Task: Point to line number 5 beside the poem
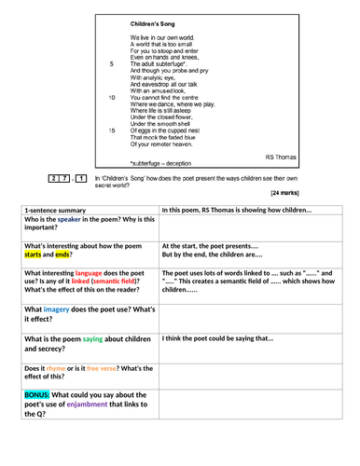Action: click(113, 63)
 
